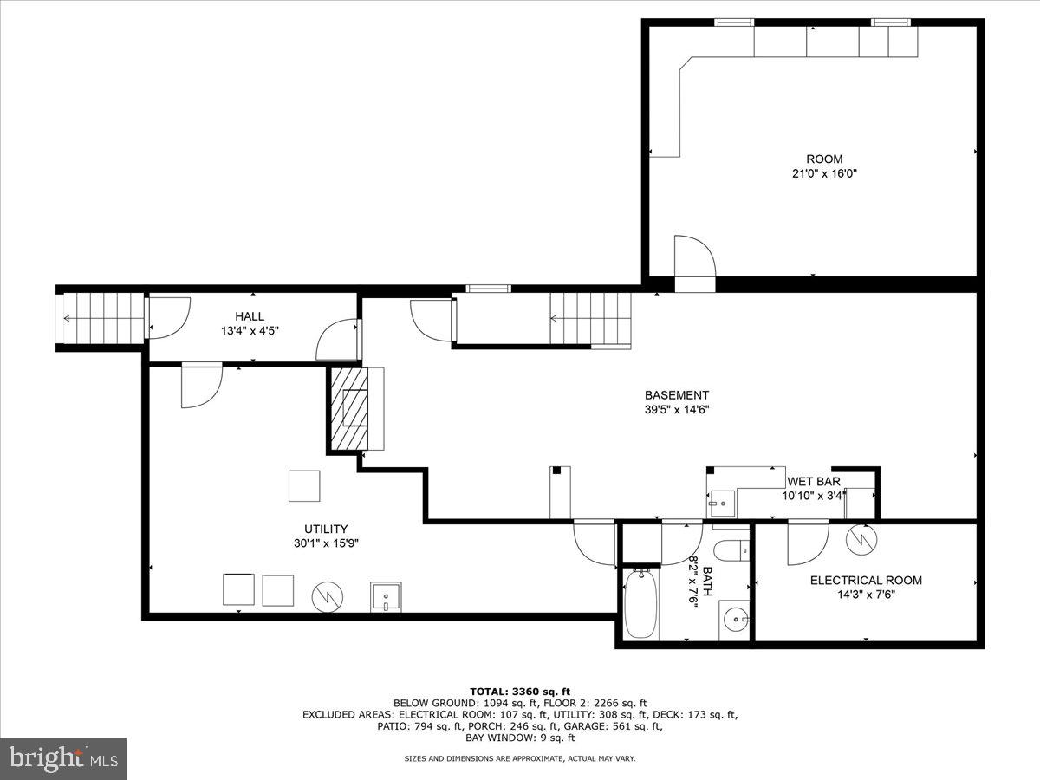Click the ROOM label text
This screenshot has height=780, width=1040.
pyautogui.click(x=823, y=159)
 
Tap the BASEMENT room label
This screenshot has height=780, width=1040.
pyautogui.click(x=676, y=395)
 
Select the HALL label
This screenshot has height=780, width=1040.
pyautogui.click(x=250, y=316)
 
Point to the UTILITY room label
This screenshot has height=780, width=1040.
pyautogui.click(x=326, y=529)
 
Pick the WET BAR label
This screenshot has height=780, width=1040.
pyautogui.click(x=813, y=482)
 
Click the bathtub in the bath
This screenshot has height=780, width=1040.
pyautogui.click(x=640, y=603)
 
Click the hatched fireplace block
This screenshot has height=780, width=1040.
pyautogui.click(x=348, y=409)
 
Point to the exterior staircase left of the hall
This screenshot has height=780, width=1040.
pyautogui.click(x=100, y=318)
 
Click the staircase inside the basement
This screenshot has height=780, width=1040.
pyautogui.click(x=589, y=318)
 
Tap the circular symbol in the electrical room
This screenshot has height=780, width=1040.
pyautogui.click(x=862, y=539)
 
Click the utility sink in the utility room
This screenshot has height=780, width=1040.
pyautogui.click(x=386, y=597)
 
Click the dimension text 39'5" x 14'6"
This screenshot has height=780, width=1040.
pyautogui.click(x=676, y=410)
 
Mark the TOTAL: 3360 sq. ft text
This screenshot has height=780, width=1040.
pyautogui.click(x=520, y=691)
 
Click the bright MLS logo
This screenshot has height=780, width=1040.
pyautogui.click(x=63, y=759)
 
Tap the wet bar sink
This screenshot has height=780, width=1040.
pyautogui.click(x=720, y=503)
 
